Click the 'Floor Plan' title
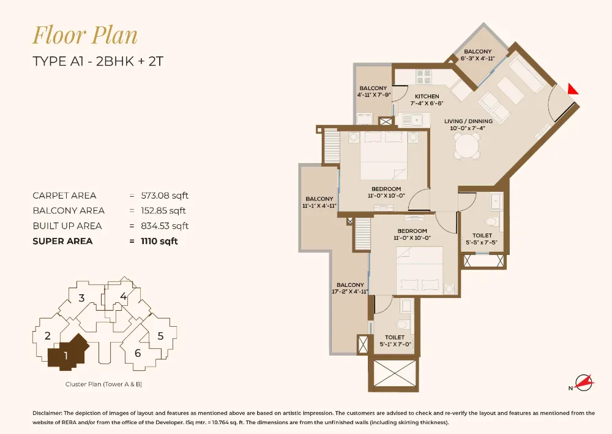(x=85, y=35)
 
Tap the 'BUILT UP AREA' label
(x=67, y=226)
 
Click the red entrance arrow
(x=572, y=89)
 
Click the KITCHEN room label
(x=427, y=97)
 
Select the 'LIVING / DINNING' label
(x=468, y=121)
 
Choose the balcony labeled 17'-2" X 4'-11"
(x=350, y=288)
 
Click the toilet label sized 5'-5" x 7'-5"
(x=482, y=239)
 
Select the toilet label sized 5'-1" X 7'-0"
(x=395, y=341)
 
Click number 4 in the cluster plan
(x=124, y=297)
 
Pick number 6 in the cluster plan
(x=138, y=352)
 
